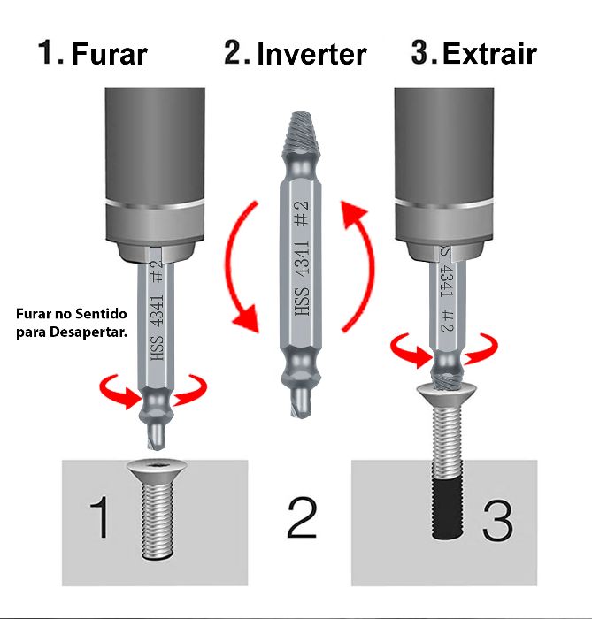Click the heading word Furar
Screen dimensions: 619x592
(109, 55)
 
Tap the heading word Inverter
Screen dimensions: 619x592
(311, 55)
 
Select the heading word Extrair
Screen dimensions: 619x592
(489, 55)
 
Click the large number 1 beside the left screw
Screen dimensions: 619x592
(100, 517)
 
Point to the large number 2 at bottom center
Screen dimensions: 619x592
(301, 517)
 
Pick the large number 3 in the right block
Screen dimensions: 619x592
(496, 522)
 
